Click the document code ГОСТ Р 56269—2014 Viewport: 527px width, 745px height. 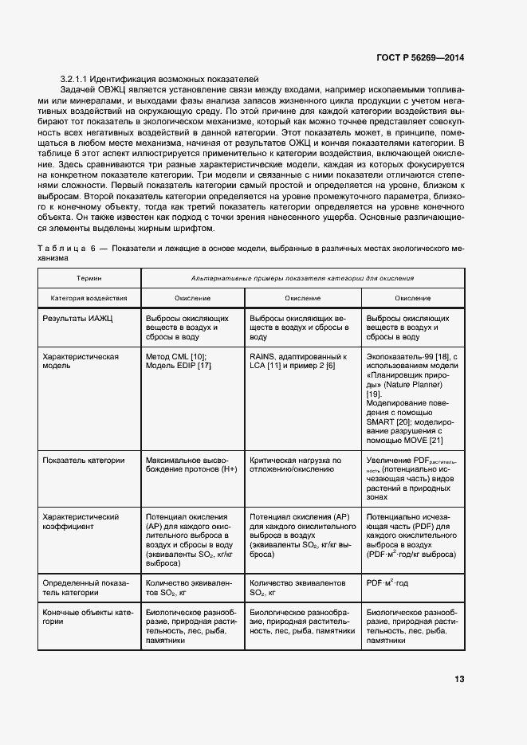[420, 57]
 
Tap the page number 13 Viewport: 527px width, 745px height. [459, 679]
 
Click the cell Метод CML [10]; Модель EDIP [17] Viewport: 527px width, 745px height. [179, 361]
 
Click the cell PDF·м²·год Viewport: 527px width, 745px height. [387, 583]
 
